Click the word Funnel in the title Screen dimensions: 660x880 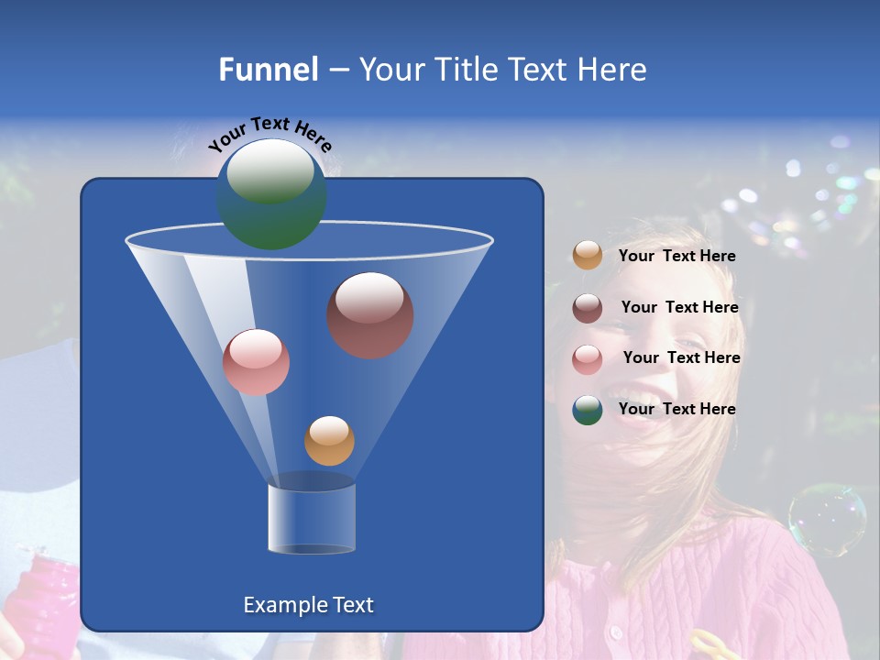(x=268, y=70)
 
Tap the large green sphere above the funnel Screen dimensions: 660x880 (x=271, y=194)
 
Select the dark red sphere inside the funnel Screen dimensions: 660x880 (x=370, y=314)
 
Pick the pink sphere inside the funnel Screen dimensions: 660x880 (x=256, y=362)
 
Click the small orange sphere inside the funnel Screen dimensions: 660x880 (x=329, y=441)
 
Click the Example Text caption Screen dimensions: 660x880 (x=308, y=605)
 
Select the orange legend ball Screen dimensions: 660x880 (x=588, y=256)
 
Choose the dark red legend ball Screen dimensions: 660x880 (x=588, y=307)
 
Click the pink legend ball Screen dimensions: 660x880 (x=588, y=358)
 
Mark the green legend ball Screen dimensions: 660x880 (x=588, y=410)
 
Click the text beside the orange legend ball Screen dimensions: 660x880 (x=676, y=257)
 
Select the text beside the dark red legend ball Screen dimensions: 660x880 (x=679, y=307)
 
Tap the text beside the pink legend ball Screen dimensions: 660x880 (x=681, y=357)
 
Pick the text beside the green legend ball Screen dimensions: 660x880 (x=676, y=409)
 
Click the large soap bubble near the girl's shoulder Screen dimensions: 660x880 (x=827, y=520)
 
